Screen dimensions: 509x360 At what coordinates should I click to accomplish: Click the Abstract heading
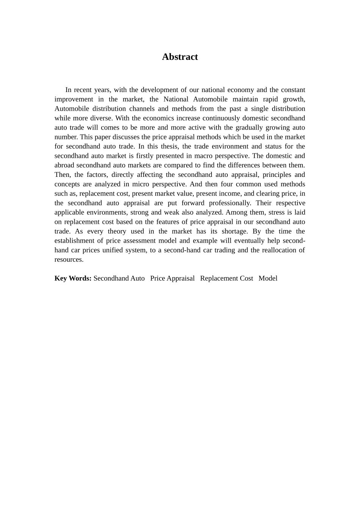(x=180, y=57)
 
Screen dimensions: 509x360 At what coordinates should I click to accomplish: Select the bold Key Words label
(x=73, y=278)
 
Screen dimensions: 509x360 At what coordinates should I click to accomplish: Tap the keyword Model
(x=268, y=278)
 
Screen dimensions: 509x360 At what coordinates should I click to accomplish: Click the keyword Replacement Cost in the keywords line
(x=226, y=278)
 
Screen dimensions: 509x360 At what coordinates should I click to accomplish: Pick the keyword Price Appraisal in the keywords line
(x=172, y=278)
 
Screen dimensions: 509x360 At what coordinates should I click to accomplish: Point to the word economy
(x=241, y=90)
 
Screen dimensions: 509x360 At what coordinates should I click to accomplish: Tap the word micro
(x=141, y=184)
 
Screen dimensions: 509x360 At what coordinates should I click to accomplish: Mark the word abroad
(x=64, y=165)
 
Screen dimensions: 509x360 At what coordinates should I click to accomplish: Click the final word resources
(x=69, y=259)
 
